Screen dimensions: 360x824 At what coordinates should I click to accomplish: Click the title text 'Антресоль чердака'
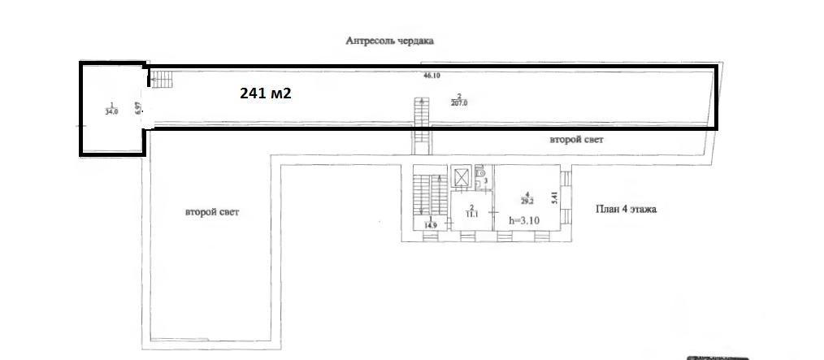click(x=390, y=41)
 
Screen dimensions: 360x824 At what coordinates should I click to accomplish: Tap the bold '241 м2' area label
click(x=265, y=93)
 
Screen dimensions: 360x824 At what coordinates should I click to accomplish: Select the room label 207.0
click(x=459, y=100)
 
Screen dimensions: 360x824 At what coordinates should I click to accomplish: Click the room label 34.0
click(x=111, y=110)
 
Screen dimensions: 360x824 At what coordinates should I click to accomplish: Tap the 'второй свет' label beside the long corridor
click(x=576, y=140)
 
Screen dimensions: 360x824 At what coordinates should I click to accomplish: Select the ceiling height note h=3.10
click(x=523, y=219)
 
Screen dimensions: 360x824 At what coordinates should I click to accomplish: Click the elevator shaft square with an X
click(x=461, y=176)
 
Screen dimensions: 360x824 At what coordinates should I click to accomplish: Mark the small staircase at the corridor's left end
click(x=163, y=79)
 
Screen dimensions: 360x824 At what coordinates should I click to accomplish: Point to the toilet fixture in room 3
click(x=481, y=171)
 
